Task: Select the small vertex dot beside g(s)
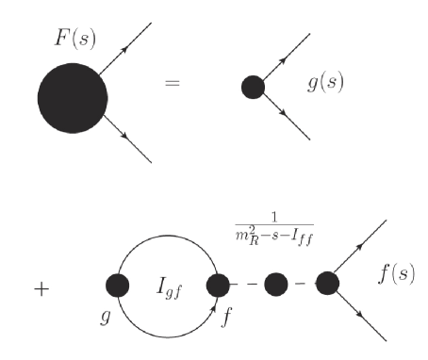point(252,88)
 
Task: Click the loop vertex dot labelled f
point(220,284)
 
